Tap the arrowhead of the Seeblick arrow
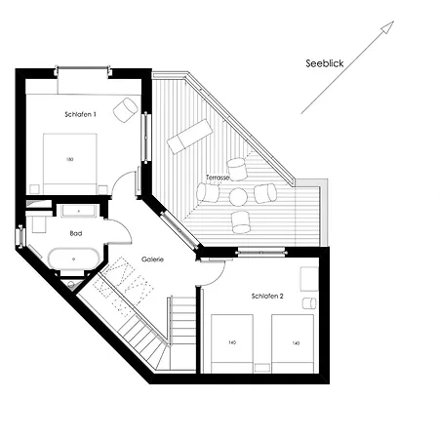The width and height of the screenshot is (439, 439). point(388,26)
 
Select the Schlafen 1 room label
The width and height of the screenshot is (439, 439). point(80,115)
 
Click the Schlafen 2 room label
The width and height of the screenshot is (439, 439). point(266,295)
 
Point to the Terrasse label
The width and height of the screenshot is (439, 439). point(218,178)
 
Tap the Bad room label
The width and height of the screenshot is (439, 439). point(75,234)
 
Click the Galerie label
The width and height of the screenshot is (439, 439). point(152,259)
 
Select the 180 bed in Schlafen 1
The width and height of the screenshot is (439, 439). point(70,160)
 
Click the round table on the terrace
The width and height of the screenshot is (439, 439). point(238,197)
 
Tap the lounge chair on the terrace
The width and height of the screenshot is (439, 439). point(189,137)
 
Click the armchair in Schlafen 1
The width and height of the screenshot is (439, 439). point(125,109)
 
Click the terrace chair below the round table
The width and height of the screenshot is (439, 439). point(241,221)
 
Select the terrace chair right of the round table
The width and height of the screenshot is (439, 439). point(264,192)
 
